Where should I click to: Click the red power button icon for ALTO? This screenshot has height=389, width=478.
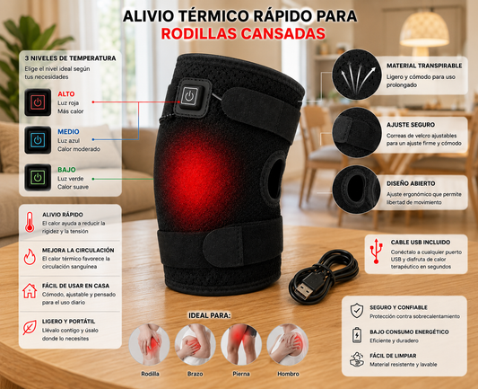pyautogui.click(x=38, y=102)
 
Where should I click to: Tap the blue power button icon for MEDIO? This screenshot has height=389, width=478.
pyautogui.click(x=38, y=140)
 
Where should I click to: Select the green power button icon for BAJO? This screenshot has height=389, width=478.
pyautogui.click(x=38, y=177)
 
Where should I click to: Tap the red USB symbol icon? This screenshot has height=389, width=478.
pyautogui.click(x=376, y=251)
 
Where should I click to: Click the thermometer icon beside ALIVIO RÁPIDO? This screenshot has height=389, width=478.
pyautogui.click(x=30, y=222)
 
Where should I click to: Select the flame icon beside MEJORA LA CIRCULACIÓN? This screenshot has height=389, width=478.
pyautogui.click(x=30, y=257)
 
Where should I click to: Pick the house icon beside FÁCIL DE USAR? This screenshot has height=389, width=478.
pyautogui.click(x=30, y=291)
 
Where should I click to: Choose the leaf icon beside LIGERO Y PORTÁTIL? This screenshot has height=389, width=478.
pyautogui.click(x=30, y=327)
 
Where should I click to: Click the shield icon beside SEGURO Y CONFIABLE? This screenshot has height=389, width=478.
pyautogui.click(x=357, y=311)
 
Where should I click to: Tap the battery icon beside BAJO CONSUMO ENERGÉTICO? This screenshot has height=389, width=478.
pyautogui.click(x=357, y=335)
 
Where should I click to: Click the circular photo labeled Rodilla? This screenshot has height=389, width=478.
pyautogui.click(x=150, y=344)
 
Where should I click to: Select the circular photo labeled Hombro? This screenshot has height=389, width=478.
pyautogui.click(x=288, y=344)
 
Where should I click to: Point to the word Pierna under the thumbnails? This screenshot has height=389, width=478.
pyautogui.click(x=241, y=374)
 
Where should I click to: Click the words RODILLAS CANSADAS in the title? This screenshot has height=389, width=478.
pyautogui.click(x=243, y=33)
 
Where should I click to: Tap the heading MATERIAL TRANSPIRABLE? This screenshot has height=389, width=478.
pyautogui.click(x=424, y=66)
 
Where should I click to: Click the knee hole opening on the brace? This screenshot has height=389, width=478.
pyautogui.click(x=275, y=178)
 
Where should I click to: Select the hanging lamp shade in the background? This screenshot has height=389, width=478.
pyautogui.click(x=424, y=30)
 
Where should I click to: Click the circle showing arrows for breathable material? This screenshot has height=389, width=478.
pyautogui.click(x=357, y=75)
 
